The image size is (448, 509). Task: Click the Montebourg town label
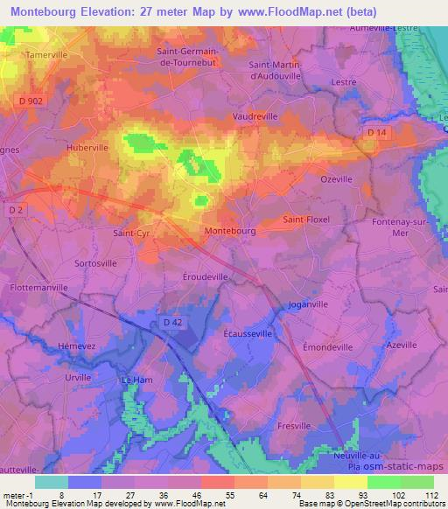[x=229, y=231]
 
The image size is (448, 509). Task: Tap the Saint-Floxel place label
[x=306, y=220]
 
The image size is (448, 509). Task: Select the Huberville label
[x=85, y=148]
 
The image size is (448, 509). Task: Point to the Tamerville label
[x=47, y=54]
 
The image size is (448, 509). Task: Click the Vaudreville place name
[x=255, y=115]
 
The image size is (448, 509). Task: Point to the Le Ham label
[x=136, y=380]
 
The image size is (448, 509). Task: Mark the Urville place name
[x=78, y=378]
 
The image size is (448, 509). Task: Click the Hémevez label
[x=75, y=345]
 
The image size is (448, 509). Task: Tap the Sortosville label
[x=95, y=262]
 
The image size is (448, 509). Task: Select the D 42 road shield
[x=171, y=323]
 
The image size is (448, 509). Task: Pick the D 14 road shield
[x=376, y=132]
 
